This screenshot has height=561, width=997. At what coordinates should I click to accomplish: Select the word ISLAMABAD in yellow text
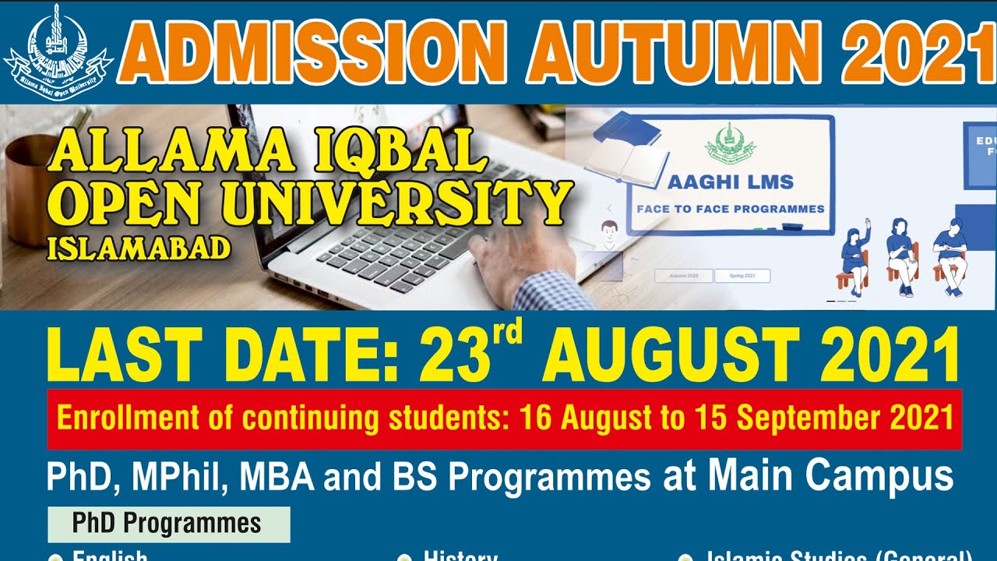tap(139, 248)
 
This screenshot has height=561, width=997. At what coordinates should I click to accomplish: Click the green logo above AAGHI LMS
tap(730, 143)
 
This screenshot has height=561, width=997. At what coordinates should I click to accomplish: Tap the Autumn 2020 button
tap(682, 276)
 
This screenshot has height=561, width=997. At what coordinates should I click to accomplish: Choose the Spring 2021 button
tap(742, 276)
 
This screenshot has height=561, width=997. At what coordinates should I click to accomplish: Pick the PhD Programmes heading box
tap(168, 524)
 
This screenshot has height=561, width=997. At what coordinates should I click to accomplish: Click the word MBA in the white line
tap(280, 477)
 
